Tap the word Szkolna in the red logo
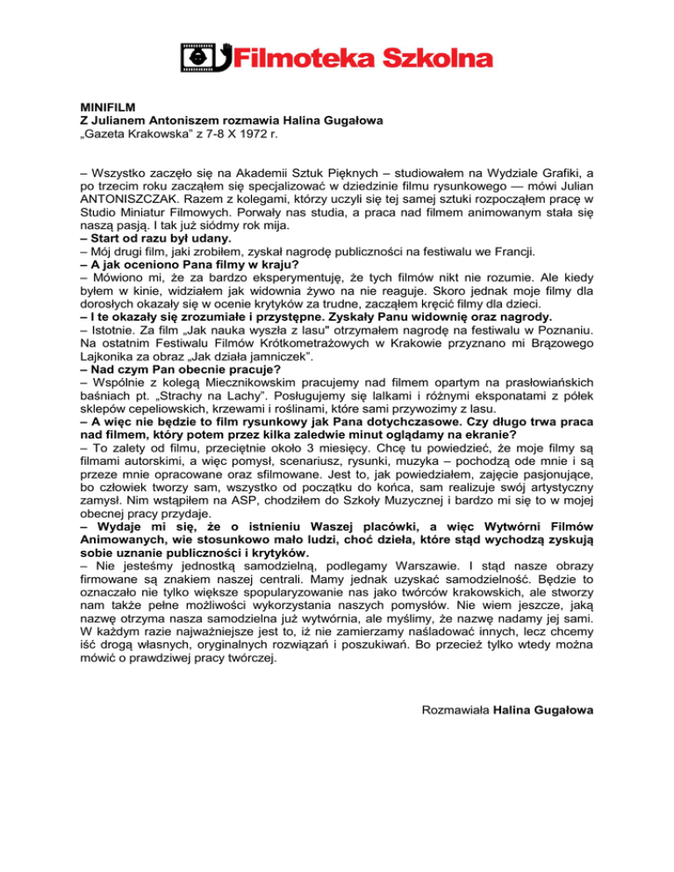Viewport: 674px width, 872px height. [x=437, y=58]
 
